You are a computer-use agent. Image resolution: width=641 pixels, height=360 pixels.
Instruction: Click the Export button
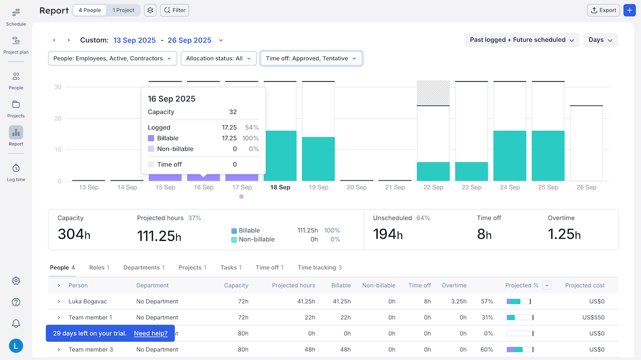[x=603, y=10]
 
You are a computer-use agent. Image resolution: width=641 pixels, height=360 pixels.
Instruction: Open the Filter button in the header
[x=174, y=10]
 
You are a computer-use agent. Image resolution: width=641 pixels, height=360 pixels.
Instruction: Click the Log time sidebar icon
[x=16, y=172]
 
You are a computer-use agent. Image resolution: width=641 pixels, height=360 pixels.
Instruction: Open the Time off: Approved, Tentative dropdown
[x=311, y=58]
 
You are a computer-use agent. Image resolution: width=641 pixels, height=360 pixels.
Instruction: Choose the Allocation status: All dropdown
[x=218, y=58]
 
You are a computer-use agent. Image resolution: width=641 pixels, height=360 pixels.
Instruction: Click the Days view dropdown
[x=600, y=40]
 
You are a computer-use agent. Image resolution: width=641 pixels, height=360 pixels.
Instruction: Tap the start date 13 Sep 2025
[x=135, y=40]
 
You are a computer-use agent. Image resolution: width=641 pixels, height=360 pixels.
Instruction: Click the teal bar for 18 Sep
[x=280, y=155]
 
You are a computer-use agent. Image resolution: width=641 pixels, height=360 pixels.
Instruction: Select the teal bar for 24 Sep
[x=510, y=155]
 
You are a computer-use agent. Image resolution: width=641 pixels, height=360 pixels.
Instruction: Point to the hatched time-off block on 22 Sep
[x=433, y=93]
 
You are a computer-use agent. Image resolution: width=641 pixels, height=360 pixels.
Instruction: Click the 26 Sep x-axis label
[x=587, y=187]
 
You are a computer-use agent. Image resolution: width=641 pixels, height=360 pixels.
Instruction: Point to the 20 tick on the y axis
[x=58, y=119]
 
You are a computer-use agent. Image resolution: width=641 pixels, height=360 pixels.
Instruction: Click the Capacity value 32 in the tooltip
[x=232, y=112]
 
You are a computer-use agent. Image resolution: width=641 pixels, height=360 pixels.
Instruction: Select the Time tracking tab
[x=319, y=268]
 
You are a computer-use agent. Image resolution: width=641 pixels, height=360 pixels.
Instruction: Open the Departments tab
[x=143, y=268]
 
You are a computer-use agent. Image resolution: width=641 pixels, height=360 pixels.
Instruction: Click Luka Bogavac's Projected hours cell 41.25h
[x=306, y=301]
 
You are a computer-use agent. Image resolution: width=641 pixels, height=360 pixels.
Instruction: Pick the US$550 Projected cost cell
[x=593, y=317]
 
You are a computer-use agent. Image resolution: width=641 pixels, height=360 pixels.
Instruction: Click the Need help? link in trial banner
[x=151, y=333]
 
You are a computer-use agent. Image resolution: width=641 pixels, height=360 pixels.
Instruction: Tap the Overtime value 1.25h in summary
[x=564, y=234]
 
